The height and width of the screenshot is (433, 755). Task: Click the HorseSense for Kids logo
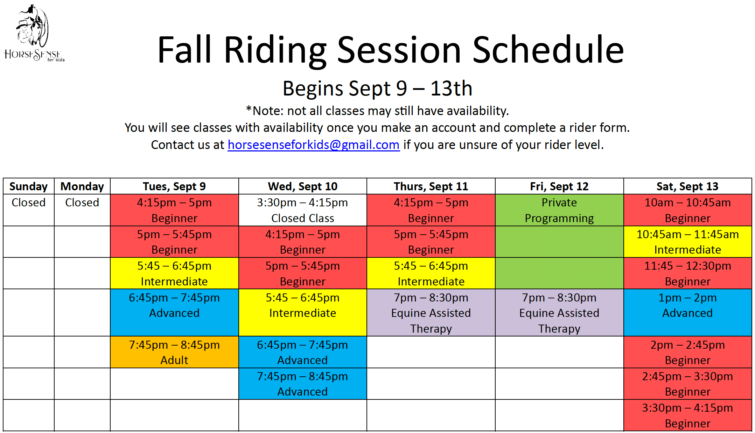pos(34,33)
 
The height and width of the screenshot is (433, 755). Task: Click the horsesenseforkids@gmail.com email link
pos(314,144)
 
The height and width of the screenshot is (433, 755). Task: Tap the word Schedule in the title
pos(548,50)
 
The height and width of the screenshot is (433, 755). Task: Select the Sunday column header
pos(29,186)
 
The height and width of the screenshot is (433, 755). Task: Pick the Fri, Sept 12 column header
pos(559,186)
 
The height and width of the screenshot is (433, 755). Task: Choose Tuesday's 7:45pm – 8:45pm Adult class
pos(174,352)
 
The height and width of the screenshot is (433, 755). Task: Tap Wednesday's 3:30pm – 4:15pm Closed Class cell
pos(303,210)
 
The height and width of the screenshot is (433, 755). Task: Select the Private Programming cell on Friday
pos(559,210)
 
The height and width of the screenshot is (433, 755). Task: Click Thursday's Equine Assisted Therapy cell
pos(431,313)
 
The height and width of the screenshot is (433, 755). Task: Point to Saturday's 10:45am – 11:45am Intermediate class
pos(688,242)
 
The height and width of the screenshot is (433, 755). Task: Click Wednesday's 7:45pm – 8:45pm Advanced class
pos(303,384)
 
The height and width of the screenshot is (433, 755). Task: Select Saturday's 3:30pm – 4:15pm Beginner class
pos(688,415)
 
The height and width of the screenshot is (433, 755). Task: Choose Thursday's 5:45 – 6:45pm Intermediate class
pos(431,273)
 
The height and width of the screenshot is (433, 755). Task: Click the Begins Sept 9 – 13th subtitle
pos(377,88)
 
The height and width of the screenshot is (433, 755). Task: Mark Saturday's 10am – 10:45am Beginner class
pos(688,210)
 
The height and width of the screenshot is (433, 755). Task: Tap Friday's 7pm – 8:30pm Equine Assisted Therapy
pos(559,313)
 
